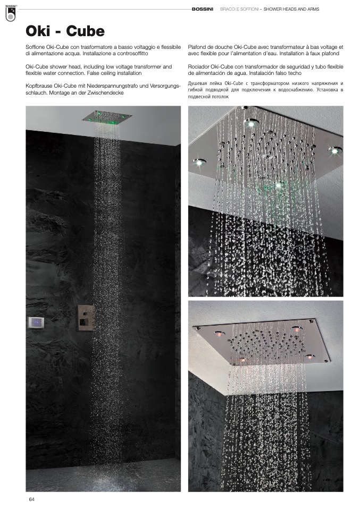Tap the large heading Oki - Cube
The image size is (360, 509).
pyautogui.click(x=65, y=31)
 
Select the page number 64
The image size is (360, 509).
pyautogui.click(x=32, y=499)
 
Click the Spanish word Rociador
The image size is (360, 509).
pyautogui.click(x=201, y=66)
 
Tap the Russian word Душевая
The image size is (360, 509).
pyautogui.click(x=200, y=84)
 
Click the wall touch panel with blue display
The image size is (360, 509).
pyautogui.click(x=36, y=322)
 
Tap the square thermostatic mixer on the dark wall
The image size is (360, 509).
pyautogui.click(x=87, y=318)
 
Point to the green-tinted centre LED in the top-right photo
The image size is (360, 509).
pyautogui.click(x=278, y=185)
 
